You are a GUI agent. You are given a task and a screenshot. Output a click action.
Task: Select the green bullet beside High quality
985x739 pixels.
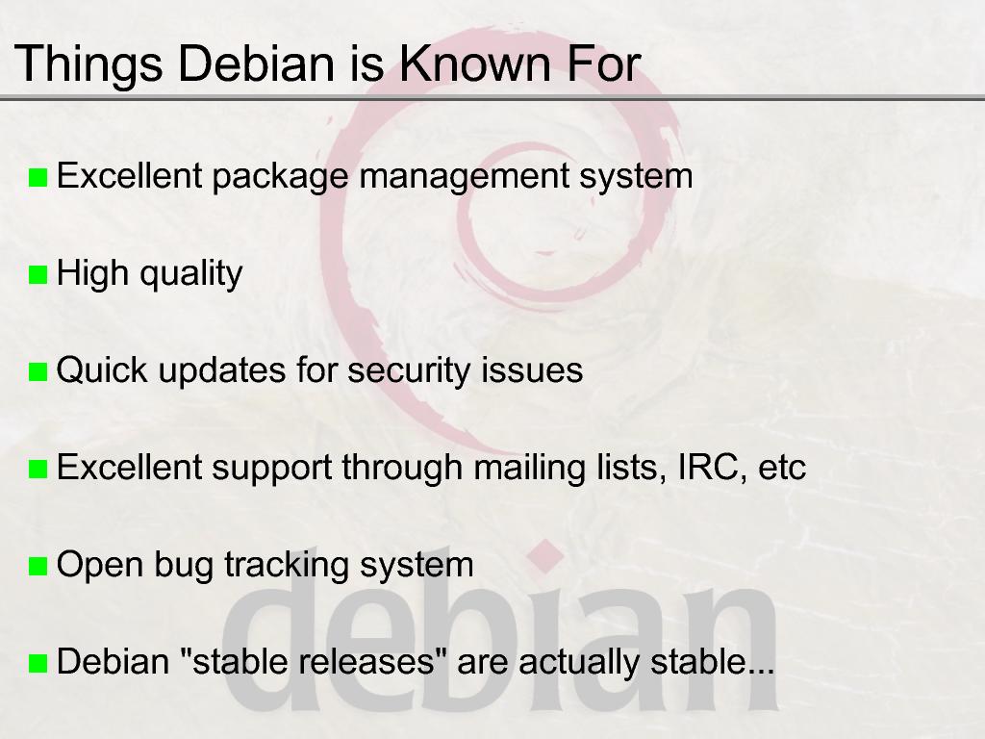point(38,274)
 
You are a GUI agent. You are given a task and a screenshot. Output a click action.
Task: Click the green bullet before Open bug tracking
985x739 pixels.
point(38,566)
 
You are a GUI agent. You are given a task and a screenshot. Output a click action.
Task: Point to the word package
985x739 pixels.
point(280,177)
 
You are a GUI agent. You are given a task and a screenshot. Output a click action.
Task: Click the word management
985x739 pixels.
point(464,177)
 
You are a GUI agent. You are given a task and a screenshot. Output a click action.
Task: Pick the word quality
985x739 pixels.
point(191,274)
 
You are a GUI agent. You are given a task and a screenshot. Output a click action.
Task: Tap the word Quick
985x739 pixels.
point(102,369)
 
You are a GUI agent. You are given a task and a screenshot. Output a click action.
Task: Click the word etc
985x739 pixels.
point(782,469)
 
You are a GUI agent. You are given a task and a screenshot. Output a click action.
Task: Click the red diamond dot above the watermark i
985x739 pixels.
point(545,556)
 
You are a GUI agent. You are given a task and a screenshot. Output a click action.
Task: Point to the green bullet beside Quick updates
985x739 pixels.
point(38,372)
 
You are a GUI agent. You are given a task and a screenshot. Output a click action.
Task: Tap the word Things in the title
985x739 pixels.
point(88,64)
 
